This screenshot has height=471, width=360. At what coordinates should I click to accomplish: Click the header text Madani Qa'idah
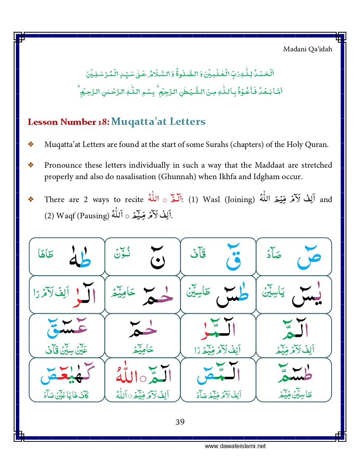click(x=307, y=49)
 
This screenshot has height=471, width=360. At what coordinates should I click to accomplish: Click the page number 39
click(x=180, y=422)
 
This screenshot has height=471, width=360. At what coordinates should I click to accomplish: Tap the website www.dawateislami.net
click(x=235, y=446)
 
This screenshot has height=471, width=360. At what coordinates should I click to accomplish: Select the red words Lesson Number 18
click(x=68, y=122)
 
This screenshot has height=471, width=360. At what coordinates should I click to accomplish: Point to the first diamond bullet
click(x=31, y=144)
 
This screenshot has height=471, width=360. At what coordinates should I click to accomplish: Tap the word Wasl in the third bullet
click(x=211, y=199)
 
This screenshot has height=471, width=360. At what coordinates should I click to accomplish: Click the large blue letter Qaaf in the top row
click(x=233, y=257)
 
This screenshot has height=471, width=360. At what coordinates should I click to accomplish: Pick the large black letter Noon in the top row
click(x=157, y=257)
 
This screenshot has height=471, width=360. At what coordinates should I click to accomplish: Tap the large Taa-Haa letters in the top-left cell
click(x=80, y=257)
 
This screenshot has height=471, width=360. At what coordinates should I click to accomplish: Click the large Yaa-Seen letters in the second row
click(x=307, y=296)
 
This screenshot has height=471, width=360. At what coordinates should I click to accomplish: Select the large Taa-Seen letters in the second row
click(x=232, y=296)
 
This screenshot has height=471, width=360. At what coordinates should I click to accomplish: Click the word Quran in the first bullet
click(x=316, y=144)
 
